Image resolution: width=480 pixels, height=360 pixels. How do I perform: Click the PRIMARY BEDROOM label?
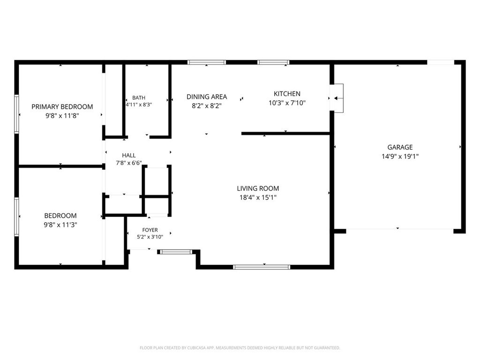coord(62,106)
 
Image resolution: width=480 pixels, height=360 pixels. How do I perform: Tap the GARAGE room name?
coord(400,147)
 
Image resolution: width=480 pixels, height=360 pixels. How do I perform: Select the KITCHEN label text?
coord(287,94)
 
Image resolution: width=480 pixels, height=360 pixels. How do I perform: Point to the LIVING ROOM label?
coord(258,188)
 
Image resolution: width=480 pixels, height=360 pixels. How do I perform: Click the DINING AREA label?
coord(207,97)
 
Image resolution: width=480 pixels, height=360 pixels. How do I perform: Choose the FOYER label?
coord(150,230)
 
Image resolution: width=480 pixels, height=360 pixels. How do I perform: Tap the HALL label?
coord(128,155)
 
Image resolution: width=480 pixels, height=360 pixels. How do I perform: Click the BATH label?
coord(139,97)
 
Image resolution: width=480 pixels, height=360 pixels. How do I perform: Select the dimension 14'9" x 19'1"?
coord(400,157)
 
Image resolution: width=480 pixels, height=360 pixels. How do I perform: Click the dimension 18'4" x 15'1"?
coord(258,197)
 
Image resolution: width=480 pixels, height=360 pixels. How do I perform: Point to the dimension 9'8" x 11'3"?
coord(60,225)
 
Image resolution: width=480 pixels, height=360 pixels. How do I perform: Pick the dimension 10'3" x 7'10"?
coord(287,103)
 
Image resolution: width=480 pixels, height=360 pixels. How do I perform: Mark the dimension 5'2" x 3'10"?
coord(150,237)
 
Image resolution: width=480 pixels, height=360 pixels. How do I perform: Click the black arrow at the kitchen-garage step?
coord(338,98)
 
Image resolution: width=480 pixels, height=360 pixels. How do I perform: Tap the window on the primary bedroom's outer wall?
coord(16,114)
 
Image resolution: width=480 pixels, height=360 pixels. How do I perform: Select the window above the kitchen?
coord(273,62)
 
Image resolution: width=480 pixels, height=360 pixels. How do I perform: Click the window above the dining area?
coord(207,62)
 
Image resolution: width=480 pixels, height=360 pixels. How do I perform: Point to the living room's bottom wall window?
coord(262,267)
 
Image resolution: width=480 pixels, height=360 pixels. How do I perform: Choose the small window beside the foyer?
coord(176,252)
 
